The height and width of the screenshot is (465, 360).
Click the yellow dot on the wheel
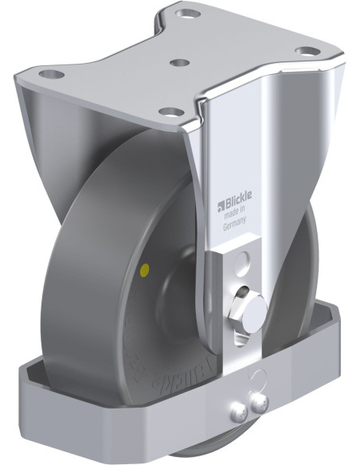point(143,271)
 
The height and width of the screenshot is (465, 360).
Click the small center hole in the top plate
point(180,62)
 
